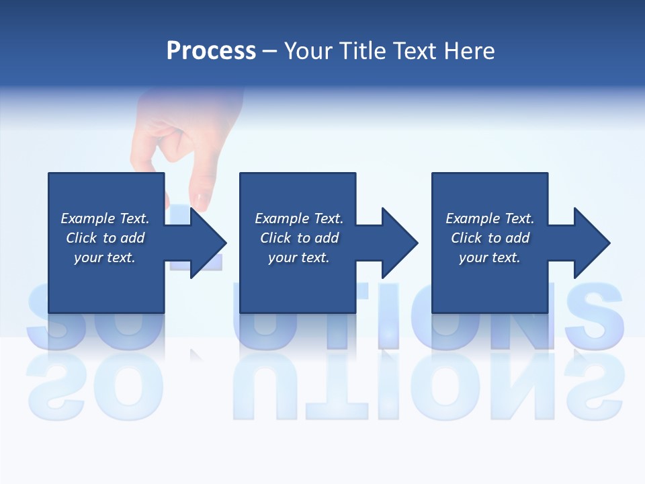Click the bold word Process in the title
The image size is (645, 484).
(x=211, y=51)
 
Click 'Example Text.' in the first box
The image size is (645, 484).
(x=105, y=218)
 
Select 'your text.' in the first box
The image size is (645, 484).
(x=105, y=257)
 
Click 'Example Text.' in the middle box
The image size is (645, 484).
(x=299, y=218)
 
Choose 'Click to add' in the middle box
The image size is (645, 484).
(x=299, y=238)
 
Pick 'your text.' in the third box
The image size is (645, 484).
(x=490, y=257)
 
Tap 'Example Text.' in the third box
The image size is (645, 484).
(x=490, y=218)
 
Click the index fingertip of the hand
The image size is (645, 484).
(x=201, y=199)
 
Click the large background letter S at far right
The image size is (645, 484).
(x=595, y=316)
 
